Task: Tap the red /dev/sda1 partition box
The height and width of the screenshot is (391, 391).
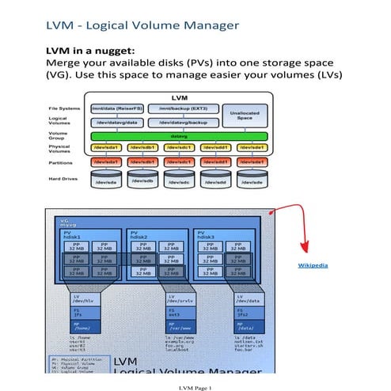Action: click(106, 161)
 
